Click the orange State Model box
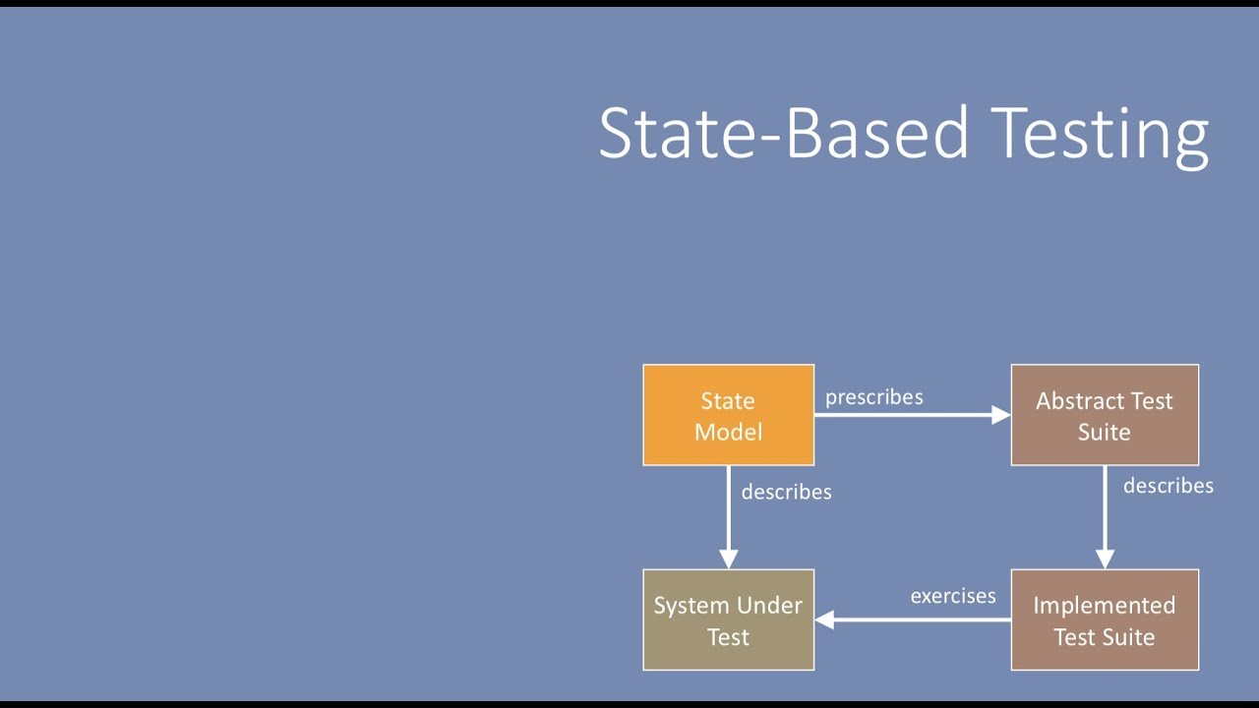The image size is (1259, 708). (728, 415)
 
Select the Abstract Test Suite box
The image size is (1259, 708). (1104, 415)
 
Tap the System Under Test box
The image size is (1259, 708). (728, 619)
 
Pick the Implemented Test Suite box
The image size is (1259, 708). (1104, 619)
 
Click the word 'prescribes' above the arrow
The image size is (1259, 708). (873, 397)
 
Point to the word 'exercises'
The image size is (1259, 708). (952, 596)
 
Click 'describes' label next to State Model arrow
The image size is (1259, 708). (786, 492)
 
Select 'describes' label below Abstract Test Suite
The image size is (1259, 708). (1168, 486)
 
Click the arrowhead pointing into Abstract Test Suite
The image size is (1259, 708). (1000, 415)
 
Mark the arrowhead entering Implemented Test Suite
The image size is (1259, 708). (1105, 559)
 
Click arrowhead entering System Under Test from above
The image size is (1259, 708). (729, 559)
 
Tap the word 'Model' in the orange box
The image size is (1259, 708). (728, 432)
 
